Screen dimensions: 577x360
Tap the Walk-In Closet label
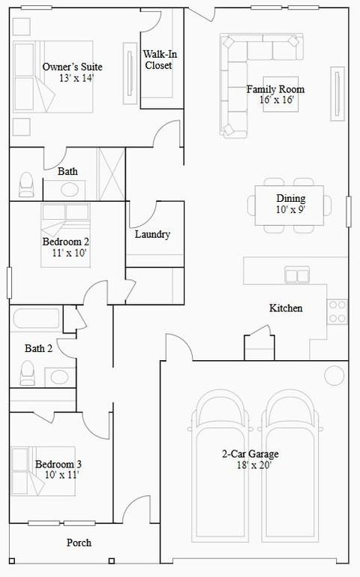(x=158, y=60)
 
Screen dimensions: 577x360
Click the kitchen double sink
(x=297, y=275)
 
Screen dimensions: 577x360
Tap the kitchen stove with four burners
(x=337, y=311)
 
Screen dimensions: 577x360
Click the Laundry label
(x=152, y=234)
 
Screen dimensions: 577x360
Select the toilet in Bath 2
(x=28, y=372)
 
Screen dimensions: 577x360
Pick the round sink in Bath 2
(x=58, y=375)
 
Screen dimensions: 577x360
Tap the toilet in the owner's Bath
(x=27, y=184)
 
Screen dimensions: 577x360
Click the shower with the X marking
(x=112, y=174)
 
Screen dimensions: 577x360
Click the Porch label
(x=79, y=542)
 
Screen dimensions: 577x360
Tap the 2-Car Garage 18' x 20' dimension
(x=250, y=465)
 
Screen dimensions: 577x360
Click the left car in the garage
(x=221, y=473)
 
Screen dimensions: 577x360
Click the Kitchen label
(x=286, y=308)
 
